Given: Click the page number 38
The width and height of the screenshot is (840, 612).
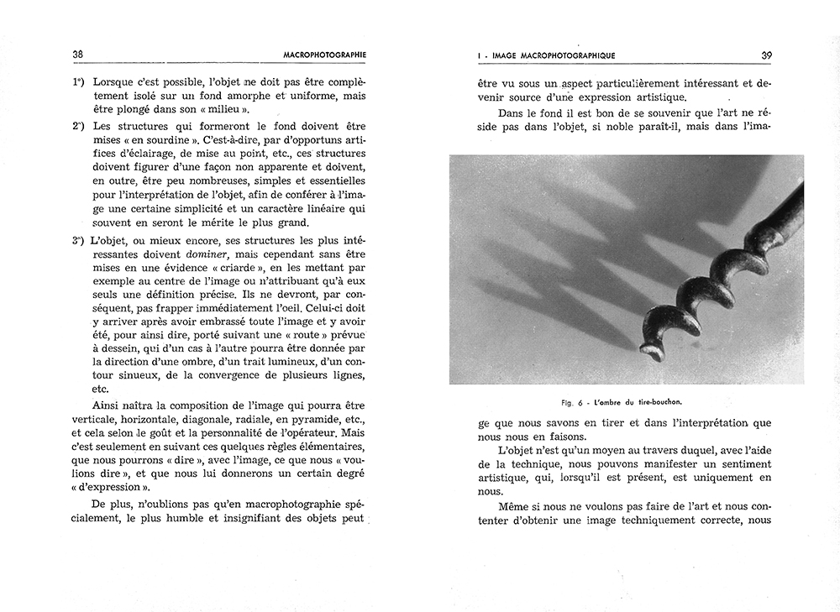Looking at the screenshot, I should point(77,55).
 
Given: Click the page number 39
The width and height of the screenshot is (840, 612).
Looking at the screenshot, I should point(766,55).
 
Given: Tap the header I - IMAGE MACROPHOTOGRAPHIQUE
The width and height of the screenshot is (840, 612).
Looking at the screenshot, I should point(546,55).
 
